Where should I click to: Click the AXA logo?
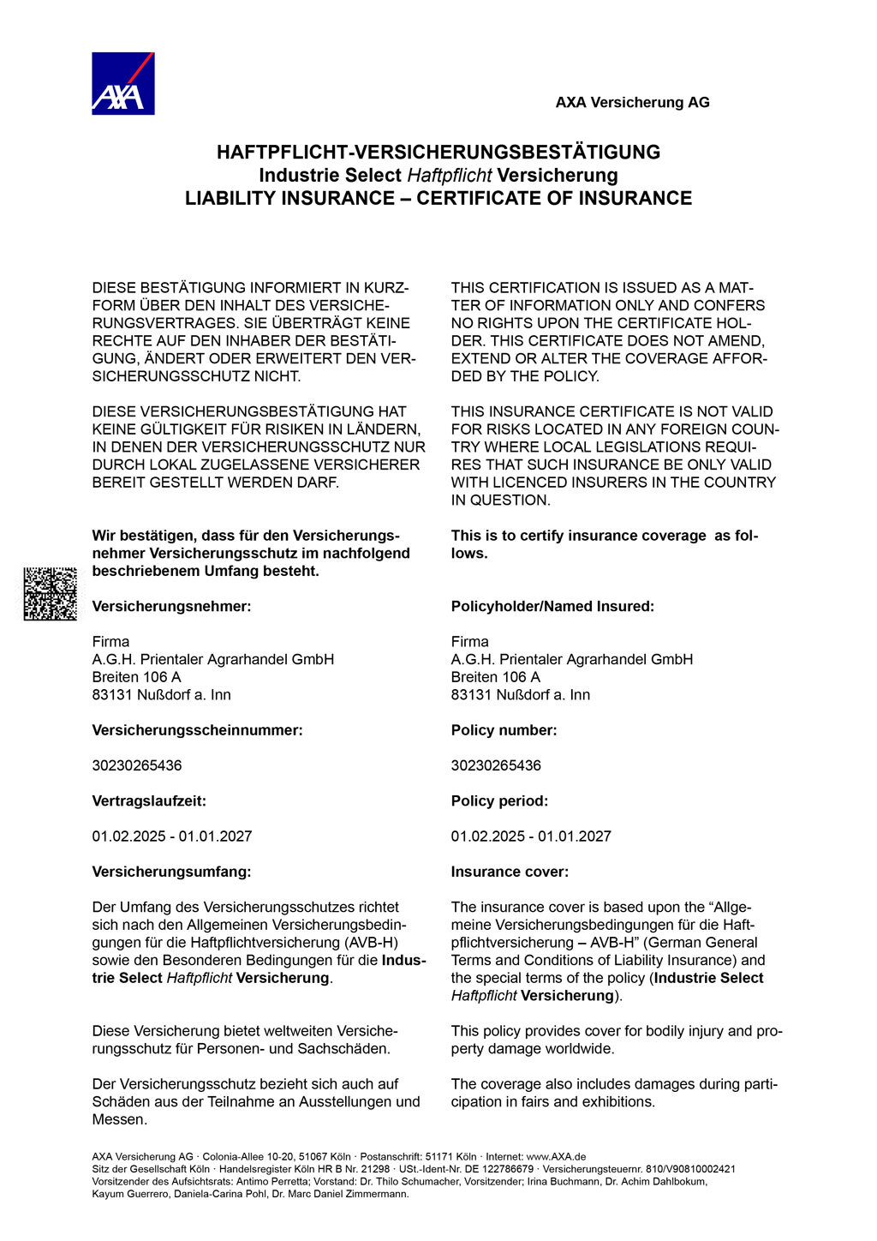(122, 83)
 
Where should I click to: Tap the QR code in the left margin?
(50, 593)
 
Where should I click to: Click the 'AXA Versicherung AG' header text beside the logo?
(632, 103)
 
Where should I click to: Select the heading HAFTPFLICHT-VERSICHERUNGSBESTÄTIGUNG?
(438, 153)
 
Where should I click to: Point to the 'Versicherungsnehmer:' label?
(171, 607)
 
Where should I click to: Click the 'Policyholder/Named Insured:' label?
(552, 607)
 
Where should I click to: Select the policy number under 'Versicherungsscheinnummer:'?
(137, 765)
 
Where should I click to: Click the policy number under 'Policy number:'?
(496, 765)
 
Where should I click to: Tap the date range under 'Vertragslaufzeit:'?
(172, 836)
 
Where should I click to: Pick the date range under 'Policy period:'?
(531, 836)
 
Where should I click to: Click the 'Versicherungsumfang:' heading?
(171, 872)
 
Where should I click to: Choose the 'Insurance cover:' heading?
(510, 872)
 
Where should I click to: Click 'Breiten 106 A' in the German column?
(136, 677)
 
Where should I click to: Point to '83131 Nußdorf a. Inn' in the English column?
(521, 695)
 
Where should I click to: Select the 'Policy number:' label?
(504, 730)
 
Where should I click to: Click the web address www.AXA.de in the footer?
(556, 1156)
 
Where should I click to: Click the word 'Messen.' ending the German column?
(119, 1119)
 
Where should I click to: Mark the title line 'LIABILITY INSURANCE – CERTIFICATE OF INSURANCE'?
(438, 198)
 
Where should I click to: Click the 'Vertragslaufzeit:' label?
(149, 801)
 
